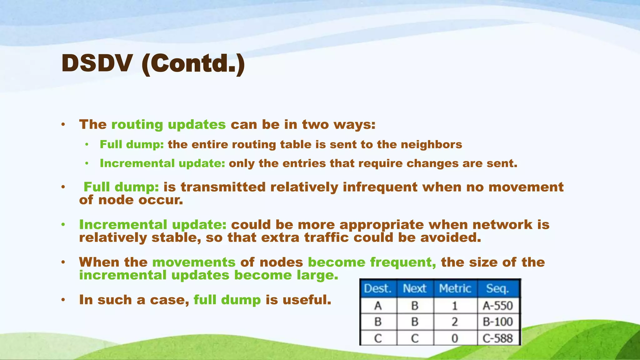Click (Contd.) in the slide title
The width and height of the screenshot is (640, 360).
click(x=193, y=64)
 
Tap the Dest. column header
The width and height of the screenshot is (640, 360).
click(x=378, y=288)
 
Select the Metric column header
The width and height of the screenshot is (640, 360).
click(x=455, y=288)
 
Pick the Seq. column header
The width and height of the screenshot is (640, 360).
click(x=497, y=288)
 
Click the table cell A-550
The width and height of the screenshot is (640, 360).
click(x=498, y=305)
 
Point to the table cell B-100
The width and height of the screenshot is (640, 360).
click(x=498, y=322)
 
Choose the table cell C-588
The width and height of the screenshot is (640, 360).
click(x=498, y=338)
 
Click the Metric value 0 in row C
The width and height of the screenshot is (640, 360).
click(x=455, y=338)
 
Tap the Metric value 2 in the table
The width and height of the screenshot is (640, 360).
click(x=455, y=322)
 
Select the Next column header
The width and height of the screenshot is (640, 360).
click(x=415, y=288)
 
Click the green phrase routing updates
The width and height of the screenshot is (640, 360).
click(x=168, y=125)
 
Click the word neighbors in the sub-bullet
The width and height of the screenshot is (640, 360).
click(x=431, y=144)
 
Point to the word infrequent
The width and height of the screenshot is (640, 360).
click(x=380, y=187)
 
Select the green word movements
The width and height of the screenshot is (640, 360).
click(x=194, y=262)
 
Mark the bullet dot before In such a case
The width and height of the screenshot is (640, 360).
click(x=63, y=300)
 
